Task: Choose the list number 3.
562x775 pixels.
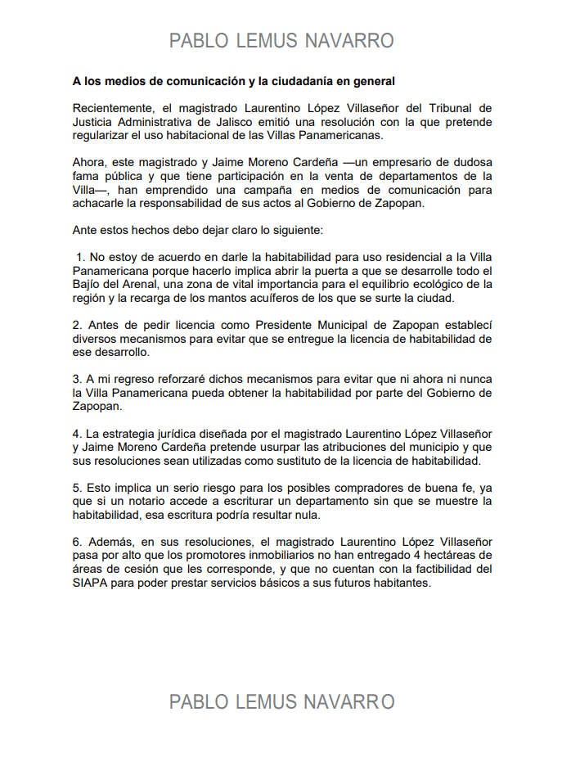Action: [77, 379]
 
